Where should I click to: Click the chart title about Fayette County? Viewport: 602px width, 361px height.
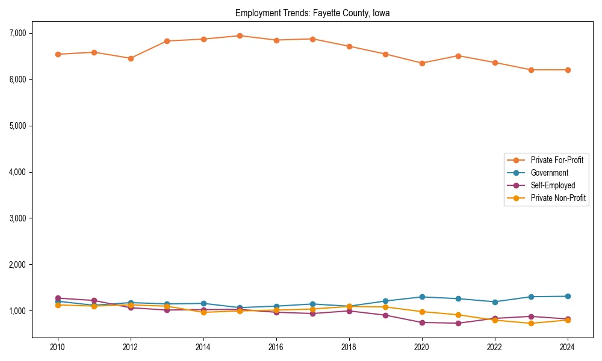point(312,13)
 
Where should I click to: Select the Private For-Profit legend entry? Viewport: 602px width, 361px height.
point(553,160)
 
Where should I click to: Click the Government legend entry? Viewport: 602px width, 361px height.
point(549,173)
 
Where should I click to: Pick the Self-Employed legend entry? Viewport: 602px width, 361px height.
point(553,185)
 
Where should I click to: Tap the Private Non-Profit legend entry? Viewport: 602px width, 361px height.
point(558,198)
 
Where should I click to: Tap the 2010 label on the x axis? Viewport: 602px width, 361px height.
point(58,348)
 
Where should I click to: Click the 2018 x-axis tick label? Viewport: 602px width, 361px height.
point(349,348)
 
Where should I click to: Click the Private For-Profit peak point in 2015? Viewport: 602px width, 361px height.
point(240,35)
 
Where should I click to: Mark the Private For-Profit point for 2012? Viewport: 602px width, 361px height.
point(131,58)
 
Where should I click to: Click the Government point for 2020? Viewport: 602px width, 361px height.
point(422,297)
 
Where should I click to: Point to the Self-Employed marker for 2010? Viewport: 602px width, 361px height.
point(58,298)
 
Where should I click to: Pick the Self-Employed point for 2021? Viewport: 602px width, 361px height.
point(458,323)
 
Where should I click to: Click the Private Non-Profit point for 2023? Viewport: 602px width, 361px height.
point(531,323)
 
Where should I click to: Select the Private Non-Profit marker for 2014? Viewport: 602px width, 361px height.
point(203,312)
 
